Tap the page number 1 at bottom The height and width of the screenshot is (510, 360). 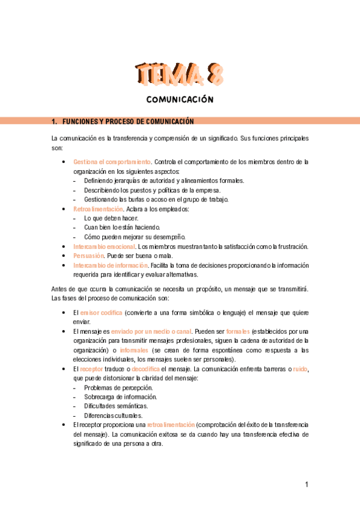(307, 485)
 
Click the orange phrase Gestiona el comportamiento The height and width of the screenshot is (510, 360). (112, 162)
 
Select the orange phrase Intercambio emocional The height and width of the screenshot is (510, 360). (104, 247)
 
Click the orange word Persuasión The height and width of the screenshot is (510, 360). (87, 256)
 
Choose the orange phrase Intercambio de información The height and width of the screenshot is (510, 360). (111, 265)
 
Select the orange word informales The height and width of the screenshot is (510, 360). (133, 350)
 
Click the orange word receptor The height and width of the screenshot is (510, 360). (91, 369)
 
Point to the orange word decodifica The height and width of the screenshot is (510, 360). (145, 369)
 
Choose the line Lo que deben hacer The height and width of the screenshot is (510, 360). (111, 218)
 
